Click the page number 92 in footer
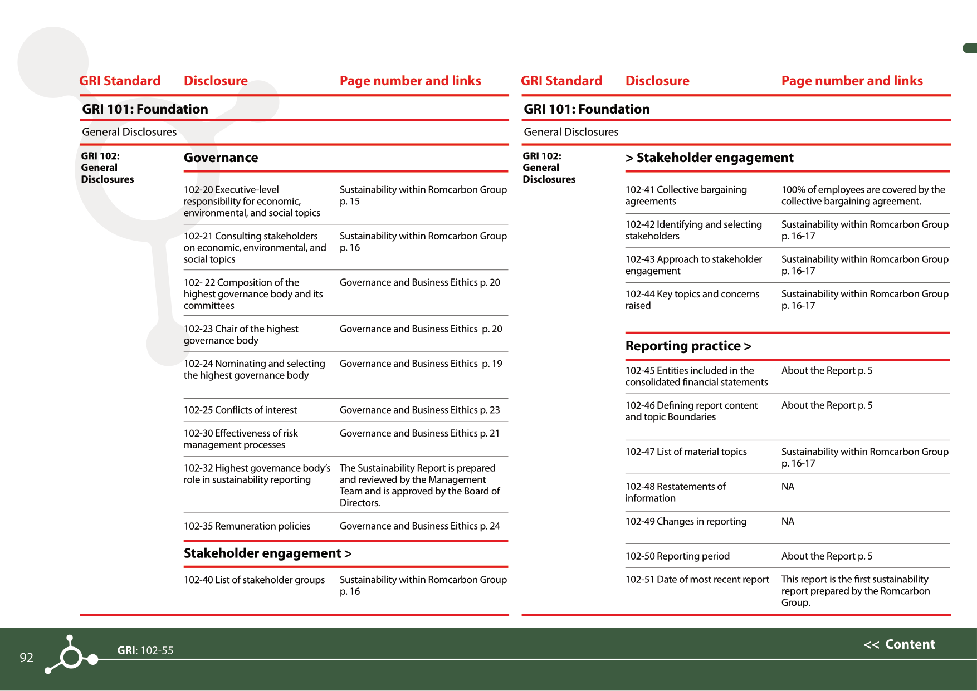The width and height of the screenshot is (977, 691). [26, 658]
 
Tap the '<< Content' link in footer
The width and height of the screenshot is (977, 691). [899, 644]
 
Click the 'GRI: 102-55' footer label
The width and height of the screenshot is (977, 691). [145, 650]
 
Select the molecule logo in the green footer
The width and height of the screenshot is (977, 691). [71, 655]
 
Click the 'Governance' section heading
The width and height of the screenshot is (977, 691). [221, 158]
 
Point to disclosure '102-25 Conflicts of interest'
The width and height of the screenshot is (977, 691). [240, 410]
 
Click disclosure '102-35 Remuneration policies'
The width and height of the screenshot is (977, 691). [247, 526]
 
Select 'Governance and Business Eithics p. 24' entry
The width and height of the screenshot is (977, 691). [419, 526]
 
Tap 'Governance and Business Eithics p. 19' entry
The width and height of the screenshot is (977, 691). [421, 364]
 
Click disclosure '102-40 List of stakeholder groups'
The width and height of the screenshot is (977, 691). [254, 580]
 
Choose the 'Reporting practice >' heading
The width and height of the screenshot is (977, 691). [688, 346]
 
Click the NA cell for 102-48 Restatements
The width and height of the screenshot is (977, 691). [788, 487]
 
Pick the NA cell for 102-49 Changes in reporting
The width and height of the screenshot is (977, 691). [788, 521]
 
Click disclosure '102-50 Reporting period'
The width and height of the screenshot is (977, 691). [677, 556]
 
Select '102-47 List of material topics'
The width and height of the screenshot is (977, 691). [686, 452]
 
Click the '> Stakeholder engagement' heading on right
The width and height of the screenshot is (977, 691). [709, 158]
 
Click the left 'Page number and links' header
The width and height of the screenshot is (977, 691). [410, 81]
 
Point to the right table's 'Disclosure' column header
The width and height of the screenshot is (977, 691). [657, 81]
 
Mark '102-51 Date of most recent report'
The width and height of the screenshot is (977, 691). [697, 579]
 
